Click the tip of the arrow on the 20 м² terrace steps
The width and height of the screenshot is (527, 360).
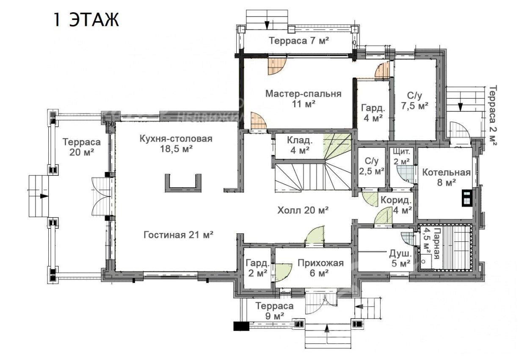pyautogui.click(x=48, y=196)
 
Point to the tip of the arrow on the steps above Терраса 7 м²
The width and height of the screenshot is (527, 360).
pyautogui.click(x=267, y=29)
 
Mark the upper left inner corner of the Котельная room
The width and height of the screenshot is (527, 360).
pyautogui.click(x=418, y=148)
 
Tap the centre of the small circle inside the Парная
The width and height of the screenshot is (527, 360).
pyautogui.click(x=424, y=261)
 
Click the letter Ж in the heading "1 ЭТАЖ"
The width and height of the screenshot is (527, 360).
pyautogui.click(x=110, y=19)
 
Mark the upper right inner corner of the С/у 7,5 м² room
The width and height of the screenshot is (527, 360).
pyautogui.click(x=437, y=59)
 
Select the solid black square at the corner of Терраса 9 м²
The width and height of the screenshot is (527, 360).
pyautogui.click(x=241, y=327)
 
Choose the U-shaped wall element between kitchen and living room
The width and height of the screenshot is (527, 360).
pyautogui.click(x=183, y=183)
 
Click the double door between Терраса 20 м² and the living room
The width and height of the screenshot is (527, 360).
pyautogui.click(x=101, y=196)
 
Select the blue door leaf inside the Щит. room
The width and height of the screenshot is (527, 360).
pyautogui.click(x=405, y=174)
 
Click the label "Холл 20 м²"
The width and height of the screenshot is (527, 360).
pyautogui.click(x=303, y=210)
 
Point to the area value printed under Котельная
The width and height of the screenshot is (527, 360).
pyautogui.click(x=446, y=182)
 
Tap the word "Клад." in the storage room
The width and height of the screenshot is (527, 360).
pyautogui.click(x=300, y=141)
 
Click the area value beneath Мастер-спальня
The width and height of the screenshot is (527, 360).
pyautogui.click(x=304, y=104)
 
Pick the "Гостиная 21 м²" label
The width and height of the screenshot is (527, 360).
pyautogui.click(x=179, y=235)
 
